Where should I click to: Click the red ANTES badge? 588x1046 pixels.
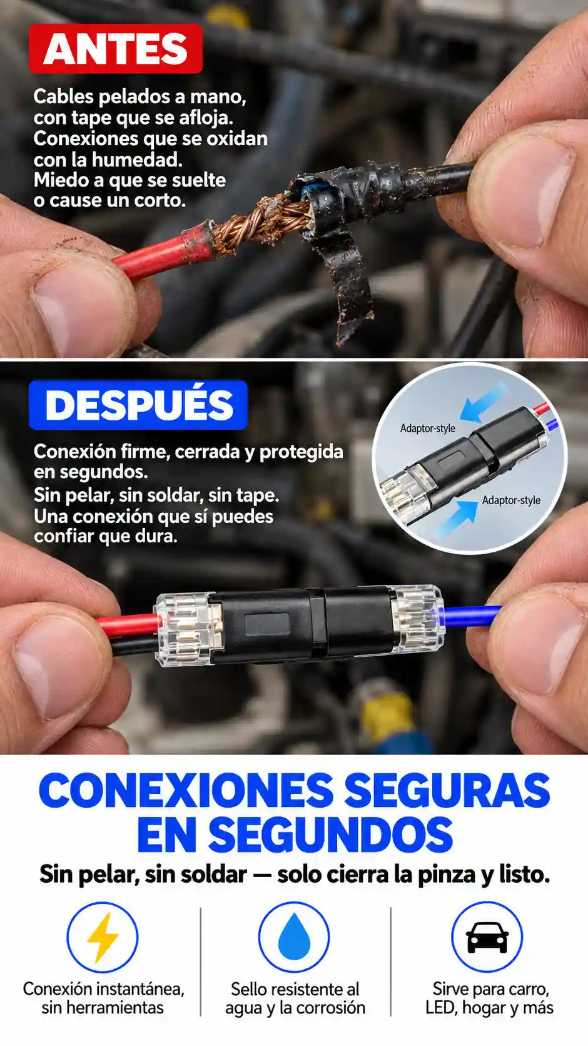pos(115,49)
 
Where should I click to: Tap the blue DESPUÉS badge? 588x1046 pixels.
pos(138,405)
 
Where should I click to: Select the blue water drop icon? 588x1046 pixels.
pos(294,937)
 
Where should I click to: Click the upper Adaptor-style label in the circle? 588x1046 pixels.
pos(427,428)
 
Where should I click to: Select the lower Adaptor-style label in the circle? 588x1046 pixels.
pos(511,500)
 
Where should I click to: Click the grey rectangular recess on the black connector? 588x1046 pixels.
pos(267,624)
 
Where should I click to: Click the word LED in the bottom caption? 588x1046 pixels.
pos(441,1008)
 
